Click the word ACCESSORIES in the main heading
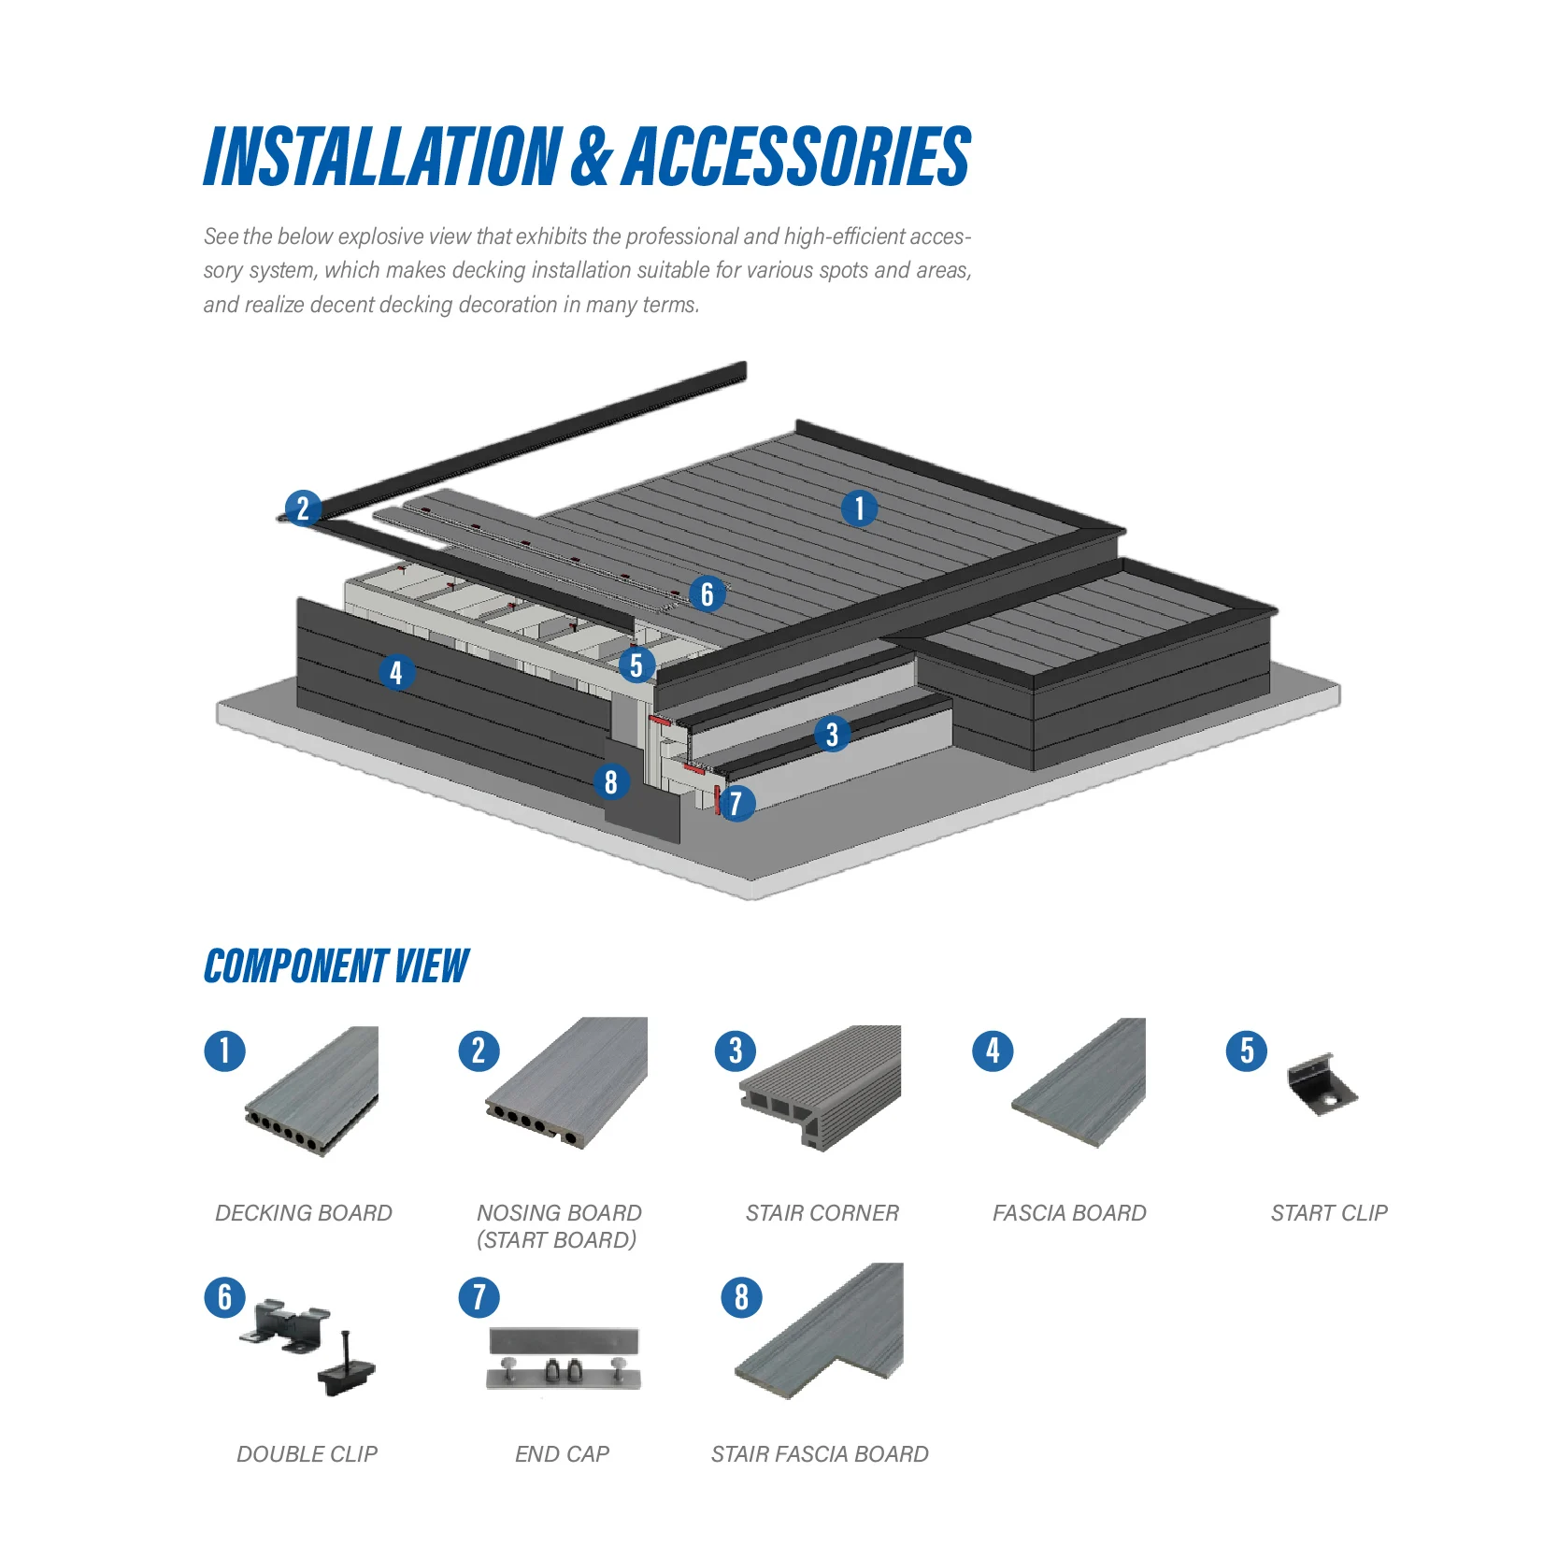point(797,157)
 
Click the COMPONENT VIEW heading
point(336,966)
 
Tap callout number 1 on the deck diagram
point(859,509)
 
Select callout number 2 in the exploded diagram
point(303,509)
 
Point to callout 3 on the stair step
point(832,735)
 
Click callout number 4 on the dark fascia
point(396,672)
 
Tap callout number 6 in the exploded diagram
point(708,594)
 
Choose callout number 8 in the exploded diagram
point(611,782)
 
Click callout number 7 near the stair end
point(736,804)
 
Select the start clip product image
point(1321,1086)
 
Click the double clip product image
point(308,1346)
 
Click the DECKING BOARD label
point(304,1213)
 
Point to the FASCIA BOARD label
point(1069,1213)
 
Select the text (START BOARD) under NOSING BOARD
point(557,1240)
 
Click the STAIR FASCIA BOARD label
point(820,1454)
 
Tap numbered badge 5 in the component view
point(1247,1051)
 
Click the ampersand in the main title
point(591,157)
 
